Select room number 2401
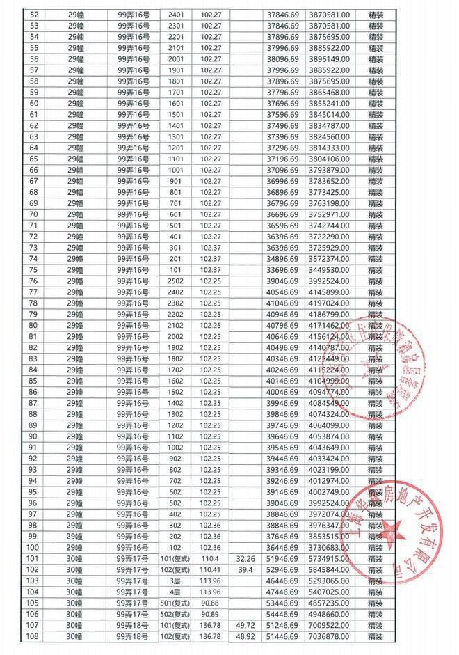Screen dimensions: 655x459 pos(176,14)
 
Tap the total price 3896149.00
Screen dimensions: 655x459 pos(331,58)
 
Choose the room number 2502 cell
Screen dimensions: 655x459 pos(176,281)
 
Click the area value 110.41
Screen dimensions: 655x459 pos(209,569)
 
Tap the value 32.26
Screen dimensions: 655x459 pos(246,558)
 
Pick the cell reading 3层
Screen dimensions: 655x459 pos(176,581)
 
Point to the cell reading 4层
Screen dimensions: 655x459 pos(176,592)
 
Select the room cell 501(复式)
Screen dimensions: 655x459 pos(176,603)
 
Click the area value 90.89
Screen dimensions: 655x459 pos(209,614)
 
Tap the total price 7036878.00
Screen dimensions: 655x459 pos(331,636)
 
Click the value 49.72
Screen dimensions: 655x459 pos(246,625)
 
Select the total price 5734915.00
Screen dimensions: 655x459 pos(331,558)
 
